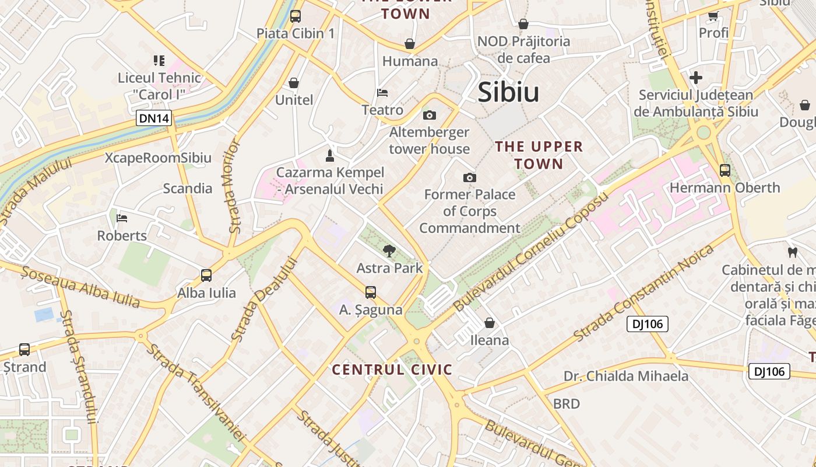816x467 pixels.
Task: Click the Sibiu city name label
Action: pos(508,92)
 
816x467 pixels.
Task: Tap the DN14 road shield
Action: pos(154,119)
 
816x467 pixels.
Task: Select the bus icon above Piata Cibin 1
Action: pos(296,16)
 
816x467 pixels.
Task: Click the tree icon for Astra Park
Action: pos(389,251)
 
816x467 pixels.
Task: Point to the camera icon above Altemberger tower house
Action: pos(430,115)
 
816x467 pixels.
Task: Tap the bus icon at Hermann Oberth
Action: pos(724,170)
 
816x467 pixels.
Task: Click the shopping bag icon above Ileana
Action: pos(490,323)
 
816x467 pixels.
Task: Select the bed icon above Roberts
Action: pos(122,218)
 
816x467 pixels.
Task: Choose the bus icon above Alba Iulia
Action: pos(206,276)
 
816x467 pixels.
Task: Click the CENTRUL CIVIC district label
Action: pos(392,370)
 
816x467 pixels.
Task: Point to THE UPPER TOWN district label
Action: pos(539,155)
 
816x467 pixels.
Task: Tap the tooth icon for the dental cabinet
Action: pos(792,253)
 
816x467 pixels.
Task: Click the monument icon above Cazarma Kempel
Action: pos(330,155)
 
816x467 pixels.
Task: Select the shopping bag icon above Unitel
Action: pos(294,83)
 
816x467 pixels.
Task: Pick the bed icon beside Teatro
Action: pos(382,93)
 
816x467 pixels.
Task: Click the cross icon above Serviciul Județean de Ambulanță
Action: pos(695,78)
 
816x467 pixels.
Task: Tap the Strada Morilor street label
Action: pos(233,186)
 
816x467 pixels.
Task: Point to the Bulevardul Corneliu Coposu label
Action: pos(530,251)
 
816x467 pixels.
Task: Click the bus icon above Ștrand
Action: pos(24,350)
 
